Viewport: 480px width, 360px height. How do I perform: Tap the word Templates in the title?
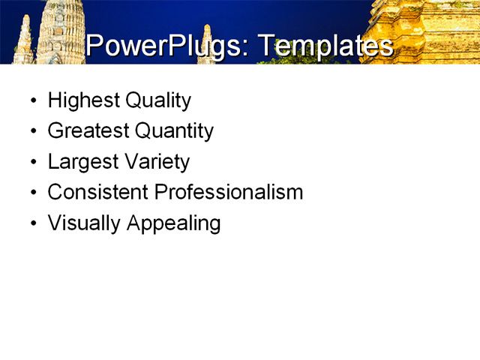(x=325, y=46)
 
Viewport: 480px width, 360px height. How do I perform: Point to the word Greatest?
(x=88, y=131)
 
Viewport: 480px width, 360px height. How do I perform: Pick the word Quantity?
(x=174, y=131)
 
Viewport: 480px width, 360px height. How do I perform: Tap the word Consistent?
(x=98, y=192)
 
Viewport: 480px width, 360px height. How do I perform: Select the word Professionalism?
(x=229, y=192)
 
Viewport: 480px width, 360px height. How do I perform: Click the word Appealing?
(x=174, y=223)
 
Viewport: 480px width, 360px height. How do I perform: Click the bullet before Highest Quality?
(x=33, y=101)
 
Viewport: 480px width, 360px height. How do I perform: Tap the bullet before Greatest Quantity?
(x=33, y=132)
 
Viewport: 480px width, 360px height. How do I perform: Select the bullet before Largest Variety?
(x=33, y=163)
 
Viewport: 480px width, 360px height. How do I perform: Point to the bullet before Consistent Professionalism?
(x=33, y=193)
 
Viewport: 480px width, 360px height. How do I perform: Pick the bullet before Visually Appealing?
(x=33, y=224)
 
